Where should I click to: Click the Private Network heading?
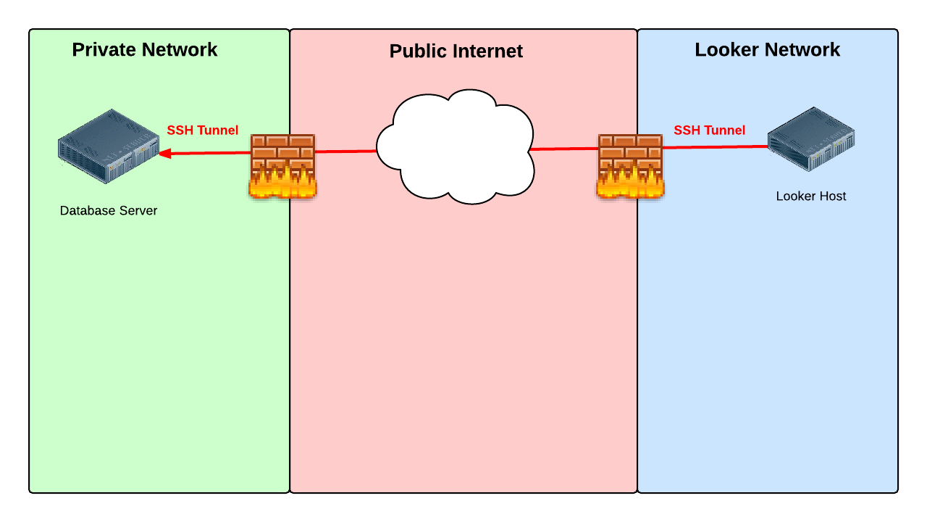coord(144,49)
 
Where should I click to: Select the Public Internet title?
coord(456,51)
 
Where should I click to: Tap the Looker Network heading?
coord(767,49)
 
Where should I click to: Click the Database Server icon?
coord(109,146)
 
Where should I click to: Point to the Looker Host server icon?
coord(811,138)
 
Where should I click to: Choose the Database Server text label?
coord(109,211)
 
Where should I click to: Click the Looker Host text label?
coord(810,196)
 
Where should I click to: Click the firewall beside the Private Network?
coord(282,166)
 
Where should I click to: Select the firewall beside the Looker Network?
coord(630,166)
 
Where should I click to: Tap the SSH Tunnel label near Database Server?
coord(203,130)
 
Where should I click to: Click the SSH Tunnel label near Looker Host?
coord(709,130)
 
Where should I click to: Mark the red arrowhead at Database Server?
coord(164,154)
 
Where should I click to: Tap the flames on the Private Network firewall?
coord(282,184)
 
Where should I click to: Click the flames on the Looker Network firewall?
coord(630,184)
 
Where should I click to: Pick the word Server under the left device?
coord(139,211)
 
